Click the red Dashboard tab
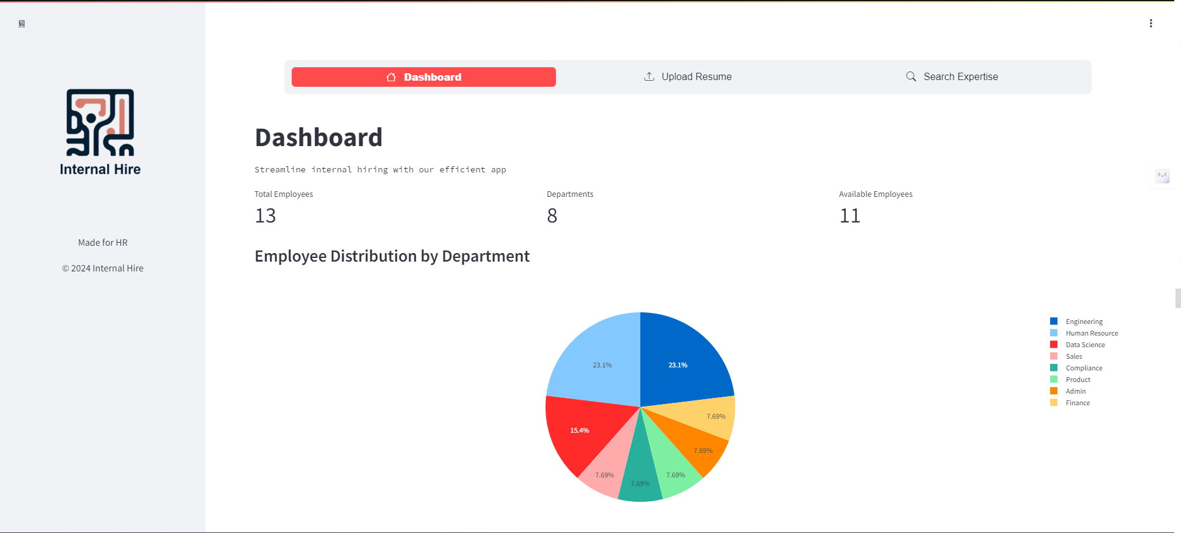tap(423, 77)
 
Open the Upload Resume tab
tap(687, 77)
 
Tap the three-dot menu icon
tap(1150, 23)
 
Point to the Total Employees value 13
tap(265, 216)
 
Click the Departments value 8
tap(552, 216)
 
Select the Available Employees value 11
tap(850, 216)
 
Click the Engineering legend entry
tap(1084, 322)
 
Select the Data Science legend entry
tap(1085, 345)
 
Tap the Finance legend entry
tap(1078, 403)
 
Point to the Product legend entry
tap(1078, 380)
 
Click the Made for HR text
tap(103, 243)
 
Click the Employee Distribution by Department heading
tap(392, 256)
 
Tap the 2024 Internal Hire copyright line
tap(103, 268)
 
